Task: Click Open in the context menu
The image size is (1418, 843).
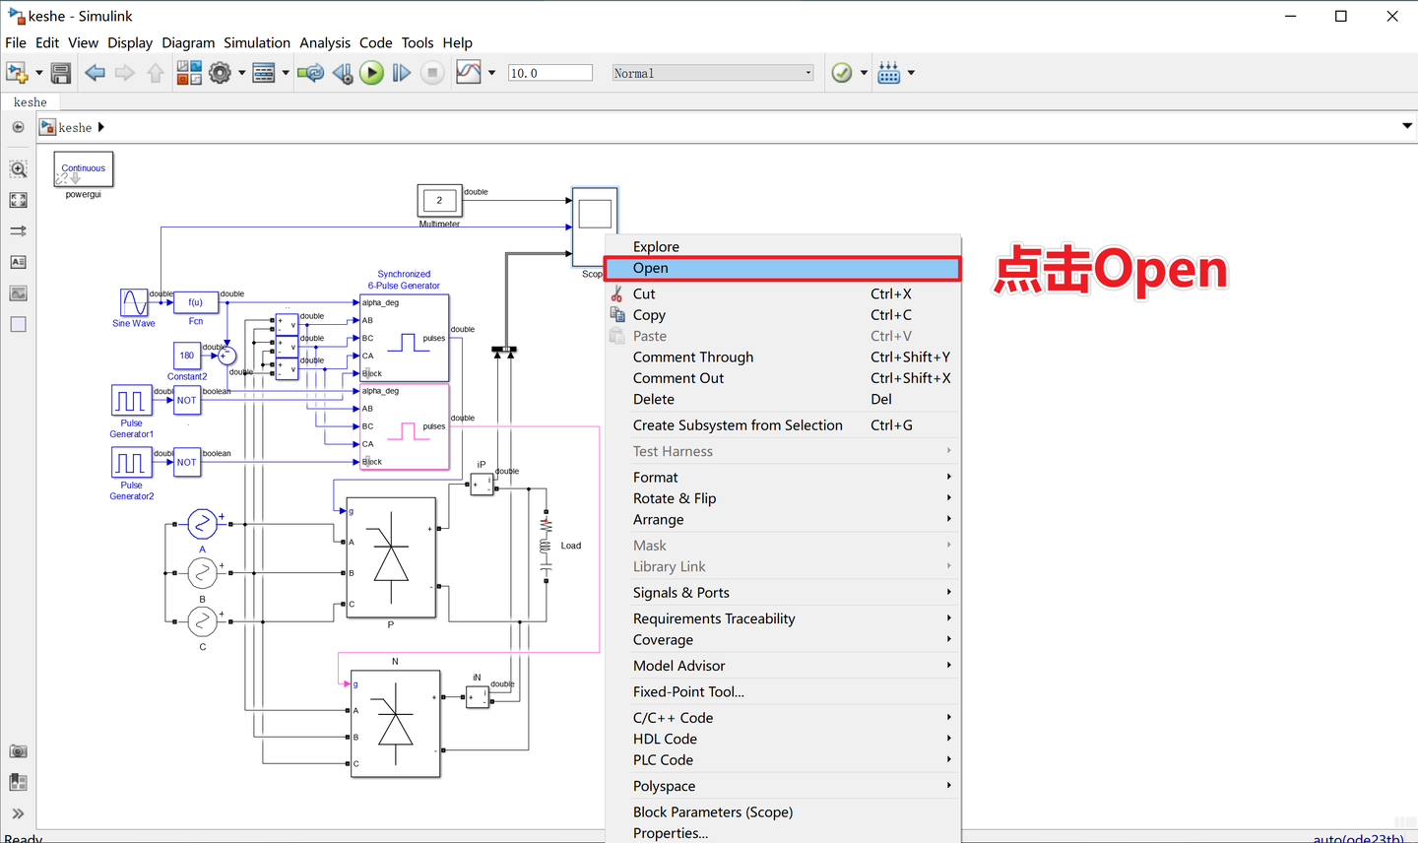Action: point(651,268)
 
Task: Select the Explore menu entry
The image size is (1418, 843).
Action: point(656,246)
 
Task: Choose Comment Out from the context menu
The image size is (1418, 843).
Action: point(678,378)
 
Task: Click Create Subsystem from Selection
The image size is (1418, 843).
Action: point(738,425)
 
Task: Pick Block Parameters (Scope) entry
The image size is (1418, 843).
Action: point(712,812)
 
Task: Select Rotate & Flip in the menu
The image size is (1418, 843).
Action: point(675,498)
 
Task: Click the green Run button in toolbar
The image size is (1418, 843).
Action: point(371,73)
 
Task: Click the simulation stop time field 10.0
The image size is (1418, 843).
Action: point(549,73)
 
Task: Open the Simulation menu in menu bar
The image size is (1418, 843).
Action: point(256,42)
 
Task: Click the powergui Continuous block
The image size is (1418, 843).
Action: point(84,169)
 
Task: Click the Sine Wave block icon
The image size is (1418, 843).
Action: point(134,302)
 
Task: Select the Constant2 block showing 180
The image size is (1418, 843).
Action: point(187,356)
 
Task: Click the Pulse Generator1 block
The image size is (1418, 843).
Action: point(131,400)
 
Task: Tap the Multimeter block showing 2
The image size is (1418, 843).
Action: point(439,200)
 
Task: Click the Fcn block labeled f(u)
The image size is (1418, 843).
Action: point(196,302)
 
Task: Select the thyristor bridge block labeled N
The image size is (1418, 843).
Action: point(395,724)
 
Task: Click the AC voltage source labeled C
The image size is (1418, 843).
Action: point(202,620)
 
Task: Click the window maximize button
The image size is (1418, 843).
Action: point(1340,16)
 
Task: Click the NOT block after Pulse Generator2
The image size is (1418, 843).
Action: point(187,462)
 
